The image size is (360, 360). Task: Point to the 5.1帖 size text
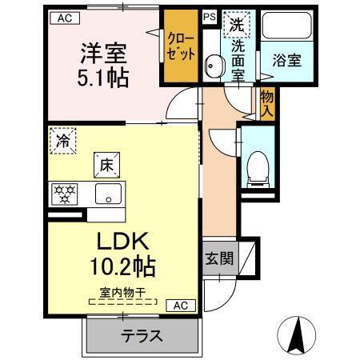pos(101,78)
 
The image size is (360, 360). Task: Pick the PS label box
pos(209,16)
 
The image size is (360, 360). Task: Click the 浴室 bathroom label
pos(286,60)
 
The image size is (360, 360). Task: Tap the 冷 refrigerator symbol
pos(62,140)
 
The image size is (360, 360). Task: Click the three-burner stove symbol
pos(63,193)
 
